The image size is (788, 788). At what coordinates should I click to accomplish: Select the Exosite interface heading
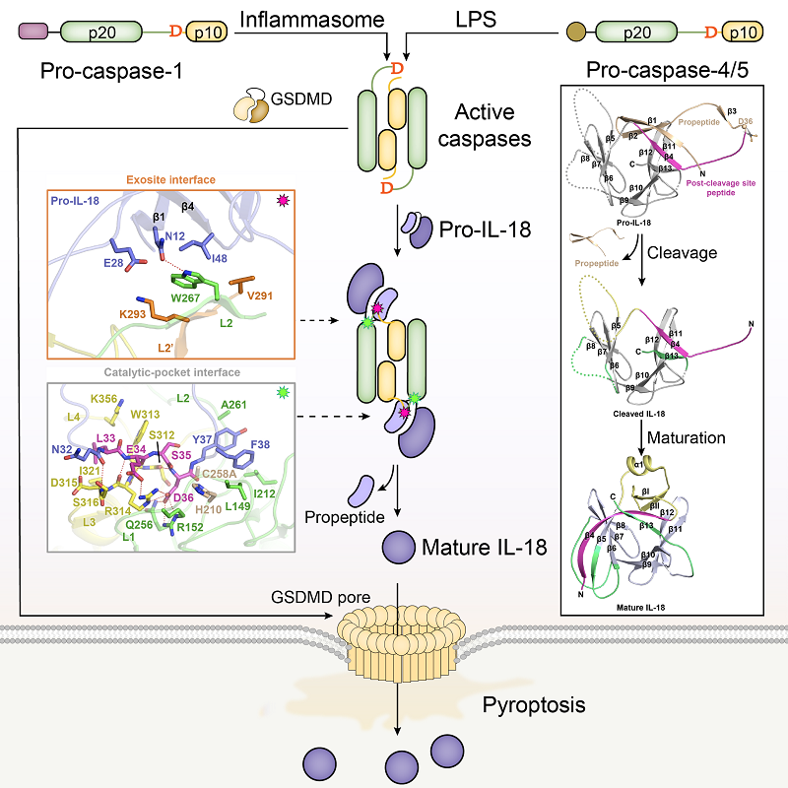(x=169, y=180)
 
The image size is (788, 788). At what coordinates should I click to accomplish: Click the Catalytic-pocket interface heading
(x=169, y=373)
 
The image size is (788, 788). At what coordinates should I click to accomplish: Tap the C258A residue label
(x=220, y=473)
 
